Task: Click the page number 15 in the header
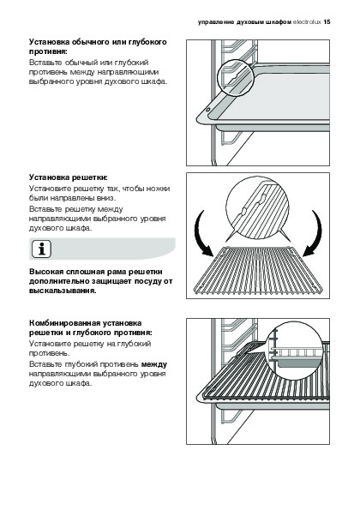[x=327, y=22]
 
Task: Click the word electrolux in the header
[x=307, y=22]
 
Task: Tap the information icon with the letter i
[x=41, y=249]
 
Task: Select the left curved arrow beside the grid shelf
[x=201, y=233]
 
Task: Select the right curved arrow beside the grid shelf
[x=315, y=233]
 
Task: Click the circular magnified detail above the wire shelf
[x=257, y=208]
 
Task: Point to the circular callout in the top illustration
[x=235, y=78]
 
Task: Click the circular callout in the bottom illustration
[x=294, y=351]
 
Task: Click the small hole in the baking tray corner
[x=207, y=111]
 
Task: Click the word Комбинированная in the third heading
[x=65, y=323]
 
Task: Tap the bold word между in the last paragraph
[x=154, y=364]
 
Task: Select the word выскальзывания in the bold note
[x=63, y=291]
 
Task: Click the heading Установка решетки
[x=69, y=177]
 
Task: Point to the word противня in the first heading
[x=49, y=51]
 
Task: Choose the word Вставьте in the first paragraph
[x=45, y=62]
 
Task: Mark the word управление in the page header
[x=216, y=22]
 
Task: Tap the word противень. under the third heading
[x=50, y=353]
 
